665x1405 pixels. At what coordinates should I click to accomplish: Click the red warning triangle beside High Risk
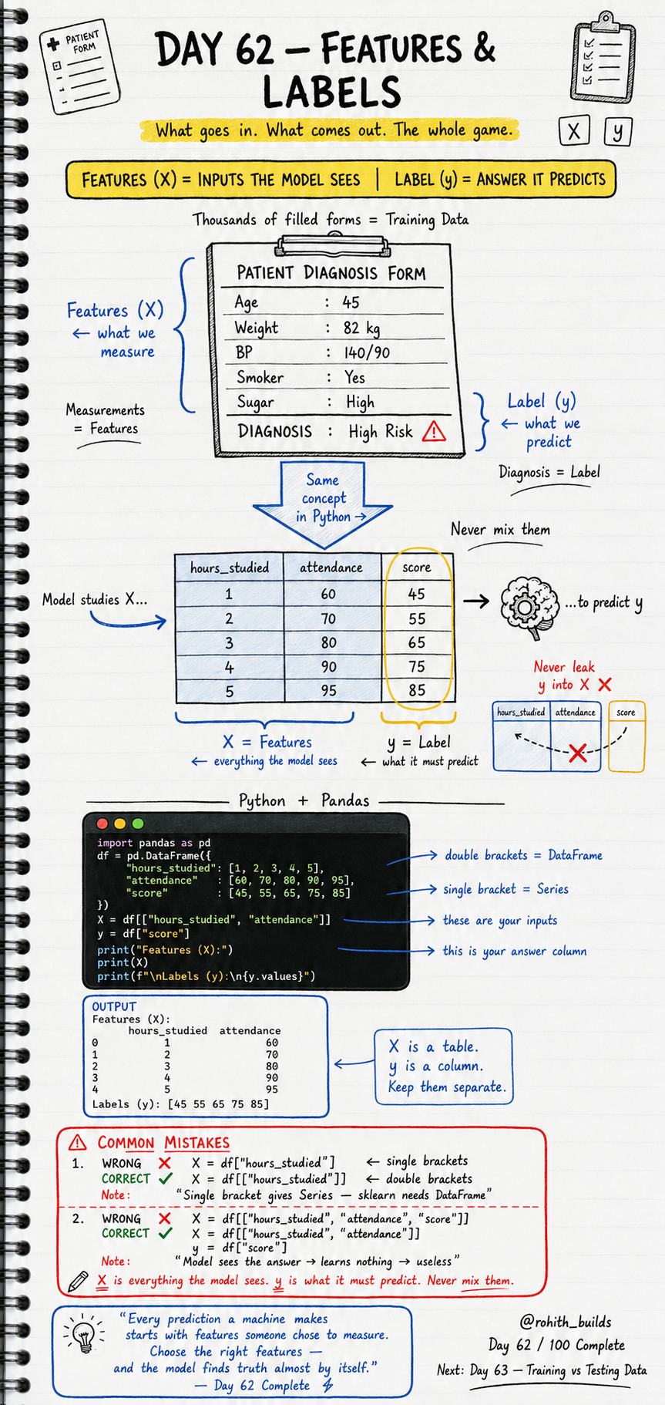(434, 431)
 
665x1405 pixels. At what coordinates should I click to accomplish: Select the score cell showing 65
(417, 642)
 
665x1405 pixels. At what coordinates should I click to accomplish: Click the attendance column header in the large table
(331, 568)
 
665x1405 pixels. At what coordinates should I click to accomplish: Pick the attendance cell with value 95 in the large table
(329, 690)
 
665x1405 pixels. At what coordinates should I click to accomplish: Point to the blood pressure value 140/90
(367, 353)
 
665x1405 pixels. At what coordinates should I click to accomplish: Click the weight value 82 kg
(361, 329)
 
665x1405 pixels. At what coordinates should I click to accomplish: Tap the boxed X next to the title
(574, 131)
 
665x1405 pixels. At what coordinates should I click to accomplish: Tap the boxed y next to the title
(618, 132)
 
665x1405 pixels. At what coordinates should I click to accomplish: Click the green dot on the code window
(138, 824)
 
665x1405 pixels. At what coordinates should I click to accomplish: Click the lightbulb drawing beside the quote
(82, 1334)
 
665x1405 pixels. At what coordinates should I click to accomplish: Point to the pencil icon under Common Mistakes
(78, 1281)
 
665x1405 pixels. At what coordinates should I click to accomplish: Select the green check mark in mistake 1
(165, 1178)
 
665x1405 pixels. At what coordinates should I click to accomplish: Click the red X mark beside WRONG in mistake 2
(164, 1218)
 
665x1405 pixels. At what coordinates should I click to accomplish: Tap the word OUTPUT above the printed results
(114, 1006)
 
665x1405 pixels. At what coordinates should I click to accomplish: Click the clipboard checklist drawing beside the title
(603, 58)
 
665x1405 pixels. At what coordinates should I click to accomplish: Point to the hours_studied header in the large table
(230, 568)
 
